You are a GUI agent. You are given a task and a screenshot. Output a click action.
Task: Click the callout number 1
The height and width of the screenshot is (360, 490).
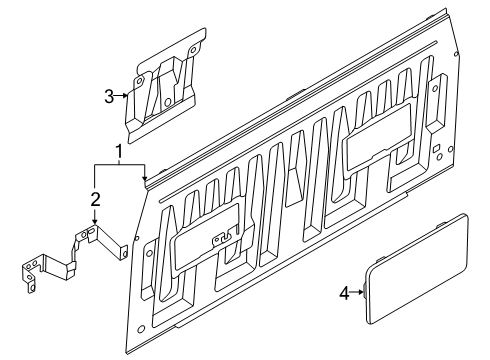coord(119,152)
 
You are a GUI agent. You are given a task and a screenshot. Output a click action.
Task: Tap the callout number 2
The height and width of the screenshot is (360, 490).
coord(95,199)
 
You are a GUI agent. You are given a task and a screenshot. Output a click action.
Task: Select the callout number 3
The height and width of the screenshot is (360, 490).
coord(109,96)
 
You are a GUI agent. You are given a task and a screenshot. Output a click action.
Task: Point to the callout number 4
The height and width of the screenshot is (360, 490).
coord(345,294)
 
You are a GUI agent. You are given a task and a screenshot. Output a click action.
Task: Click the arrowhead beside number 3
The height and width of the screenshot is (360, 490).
coord(125,96)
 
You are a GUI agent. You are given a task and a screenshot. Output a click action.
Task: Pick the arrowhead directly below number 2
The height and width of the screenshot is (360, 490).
coord(95,221)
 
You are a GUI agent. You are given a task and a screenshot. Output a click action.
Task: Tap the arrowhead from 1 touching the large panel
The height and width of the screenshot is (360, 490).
coord(144,177)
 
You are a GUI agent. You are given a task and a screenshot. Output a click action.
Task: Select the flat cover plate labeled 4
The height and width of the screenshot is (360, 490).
coord(417,269)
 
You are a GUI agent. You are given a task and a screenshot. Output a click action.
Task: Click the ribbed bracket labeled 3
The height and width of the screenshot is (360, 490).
coord(164,88)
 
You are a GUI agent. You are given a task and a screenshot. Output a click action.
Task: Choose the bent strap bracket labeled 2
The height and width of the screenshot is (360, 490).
coord(73,258)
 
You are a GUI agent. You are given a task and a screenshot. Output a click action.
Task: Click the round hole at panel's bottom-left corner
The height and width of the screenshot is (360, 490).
coord(141,329)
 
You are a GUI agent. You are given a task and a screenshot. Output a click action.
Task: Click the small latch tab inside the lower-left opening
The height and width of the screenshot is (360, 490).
coord(222,238)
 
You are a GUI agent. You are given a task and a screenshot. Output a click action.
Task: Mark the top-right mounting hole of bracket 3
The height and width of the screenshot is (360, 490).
coord(192,51)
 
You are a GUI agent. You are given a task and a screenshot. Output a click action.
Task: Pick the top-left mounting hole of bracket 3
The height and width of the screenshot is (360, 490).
coord(139,81)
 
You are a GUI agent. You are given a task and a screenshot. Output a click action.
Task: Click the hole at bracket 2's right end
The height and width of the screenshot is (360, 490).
coord(125,253)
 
